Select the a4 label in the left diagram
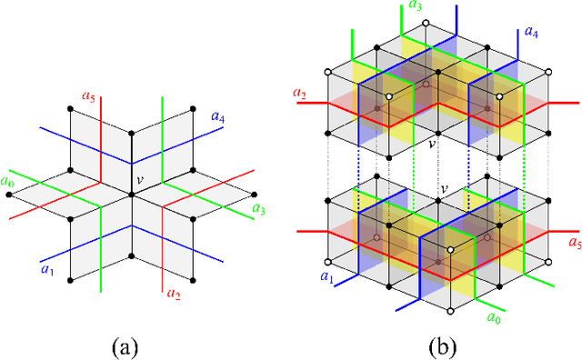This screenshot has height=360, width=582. (218, 115)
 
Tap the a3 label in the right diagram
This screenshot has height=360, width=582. (415, 6)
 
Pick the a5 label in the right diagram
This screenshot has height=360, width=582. (573, 243)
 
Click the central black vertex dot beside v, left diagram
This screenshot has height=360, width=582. (132, 170)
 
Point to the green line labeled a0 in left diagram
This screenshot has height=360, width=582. (36, 185)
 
